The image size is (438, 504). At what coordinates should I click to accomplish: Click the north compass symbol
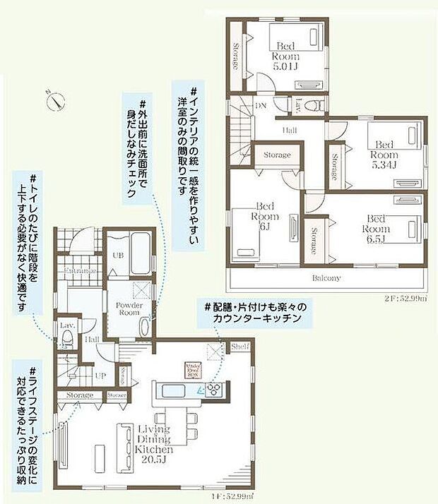coord(55,100)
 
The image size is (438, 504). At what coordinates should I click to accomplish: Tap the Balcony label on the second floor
coord(326,277)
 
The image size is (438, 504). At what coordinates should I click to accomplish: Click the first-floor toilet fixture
coord(66,341)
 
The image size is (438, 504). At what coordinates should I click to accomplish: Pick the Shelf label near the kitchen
coord(240,347)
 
